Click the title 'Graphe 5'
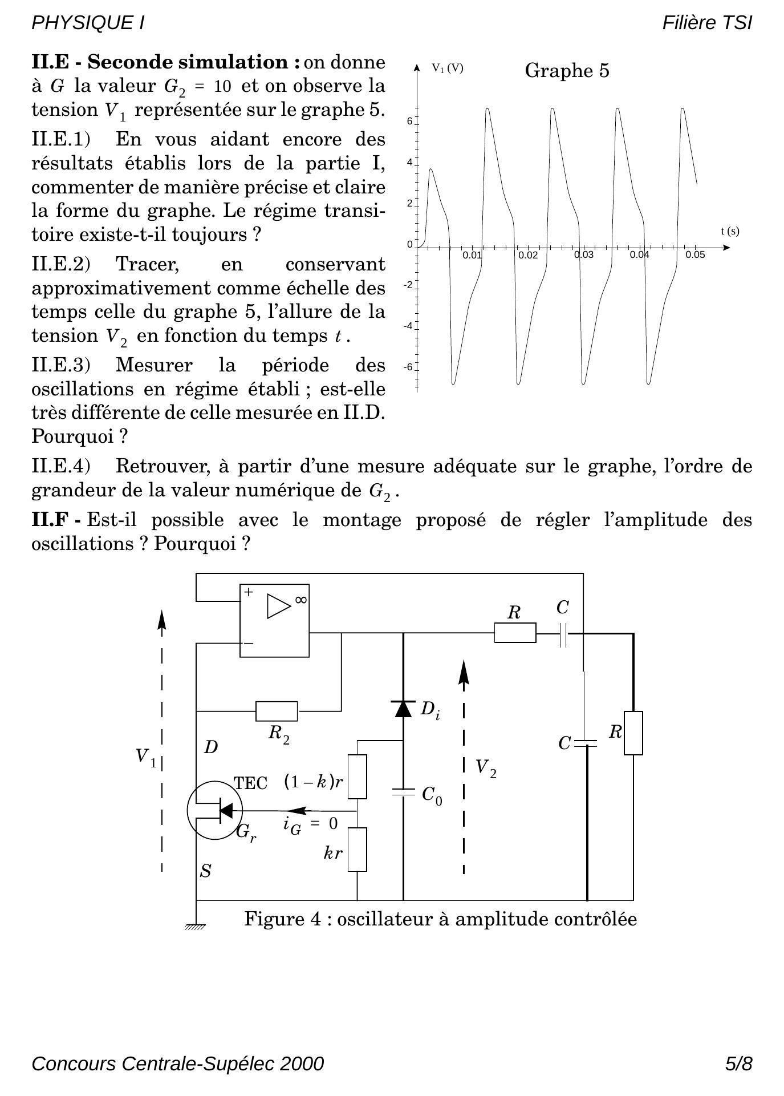567,71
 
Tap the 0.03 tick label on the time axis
584,255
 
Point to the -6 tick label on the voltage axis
408,367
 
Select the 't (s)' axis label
730,231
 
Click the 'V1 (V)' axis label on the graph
448,68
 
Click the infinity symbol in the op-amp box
300,600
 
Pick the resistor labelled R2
277,711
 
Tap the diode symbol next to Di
404,708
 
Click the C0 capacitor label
432,795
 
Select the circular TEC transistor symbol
215,810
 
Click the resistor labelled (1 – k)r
358,776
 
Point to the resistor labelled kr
358,850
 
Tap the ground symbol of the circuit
196,926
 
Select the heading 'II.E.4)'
61,466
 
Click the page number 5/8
738,1063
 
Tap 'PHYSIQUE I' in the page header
88,23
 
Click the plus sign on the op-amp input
249,593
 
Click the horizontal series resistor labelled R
515,633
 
